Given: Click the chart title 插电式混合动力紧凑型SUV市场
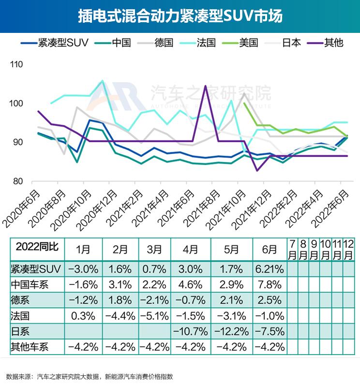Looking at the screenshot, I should (180, 16).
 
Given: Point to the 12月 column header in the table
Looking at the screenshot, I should (348, 249).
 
